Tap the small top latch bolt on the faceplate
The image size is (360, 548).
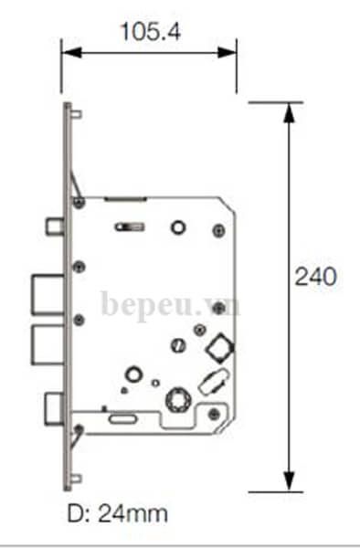click(54, 225)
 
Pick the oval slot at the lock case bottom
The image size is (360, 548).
click(122, 419)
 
